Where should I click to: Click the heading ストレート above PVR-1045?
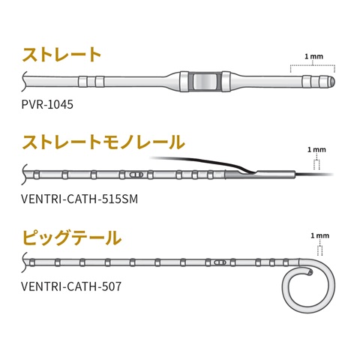tap(61, 54)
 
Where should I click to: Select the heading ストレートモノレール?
tap(103, 142)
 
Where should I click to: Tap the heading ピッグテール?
tap(72, 237)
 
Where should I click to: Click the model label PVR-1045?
tap(47, 104)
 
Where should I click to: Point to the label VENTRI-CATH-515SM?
tap(79, 199)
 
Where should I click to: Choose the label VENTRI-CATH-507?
tap(71, 286)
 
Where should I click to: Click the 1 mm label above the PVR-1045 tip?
tap(313, 57)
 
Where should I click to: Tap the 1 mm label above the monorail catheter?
tap(316, 150)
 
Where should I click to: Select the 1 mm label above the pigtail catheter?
tap(320, 235)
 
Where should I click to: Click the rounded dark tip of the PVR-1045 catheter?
tap(332, 82)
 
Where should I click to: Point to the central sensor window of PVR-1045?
tap(205, 82)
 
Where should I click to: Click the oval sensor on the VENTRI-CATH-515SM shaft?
tap(136, 175)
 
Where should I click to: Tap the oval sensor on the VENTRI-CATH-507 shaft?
tap(220, 262)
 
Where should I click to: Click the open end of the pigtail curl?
tap(310, 271)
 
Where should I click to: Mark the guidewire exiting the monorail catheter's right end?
tap(314, 174)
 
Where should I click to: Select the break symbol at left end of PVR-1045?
tap(24, 82)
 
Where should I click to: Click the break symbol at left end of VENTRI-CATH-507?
tap(24, 262)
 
